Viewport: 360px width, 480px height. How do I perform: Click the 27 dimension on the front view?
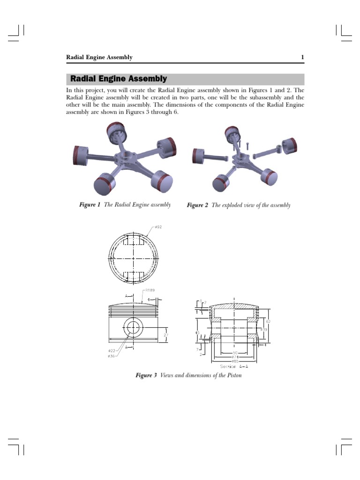pyautogui.click(x=165, y=335)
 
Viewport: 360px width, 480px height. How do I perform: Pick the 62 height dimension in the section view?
pyautogui.click(x=268, y=322)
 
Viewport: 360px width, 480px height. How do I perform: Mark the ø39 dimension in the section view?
pyautogui.click(x=264, y=330)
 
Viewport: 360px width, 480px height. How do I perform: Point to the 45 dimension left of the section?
pyautogui.click(x=197, y=333)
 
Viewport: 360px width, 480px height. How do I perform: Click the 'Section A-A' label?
pyautogui.click(x=234, y=366)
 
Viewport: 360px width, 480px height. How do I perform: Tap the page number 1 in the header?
pyautogui.click(x=302, y=58)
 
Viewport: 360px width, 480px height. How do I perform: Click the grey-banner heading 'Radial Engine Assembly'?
pyautogui.click(x=118, y=79)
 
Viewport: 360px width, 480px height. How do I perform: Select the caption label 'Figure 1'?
pyautogui.click(x=89, y=205)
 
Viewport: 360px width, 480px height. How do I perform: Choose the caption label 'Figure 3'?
pyautogui.click(x=146, y=375)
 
